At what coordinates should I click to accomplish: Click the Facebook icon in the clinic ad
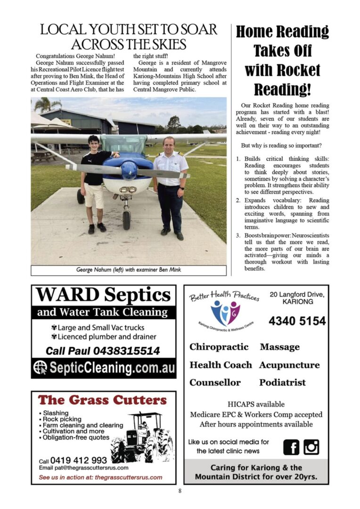[291, 447]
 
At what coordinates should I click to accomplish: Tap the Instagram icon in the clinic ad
[311, 447]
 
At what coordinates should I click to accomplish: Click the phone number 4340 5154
[297, 321]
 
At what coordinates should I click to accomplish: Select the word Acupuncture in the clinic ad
[289, 365]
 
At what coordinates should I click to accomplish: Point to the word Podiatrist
[282, 382]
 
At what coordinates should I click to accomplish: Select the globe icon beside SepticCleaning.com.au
[40, 368]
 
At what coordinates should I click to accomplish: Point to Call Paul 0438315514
[103, 351]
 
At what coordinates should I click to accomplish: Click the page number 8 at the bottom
[180, 491]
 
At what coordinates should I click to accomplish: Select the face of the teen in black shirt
[94, 143]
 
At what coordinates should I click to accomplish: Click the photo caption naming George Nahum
[128, 270]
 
